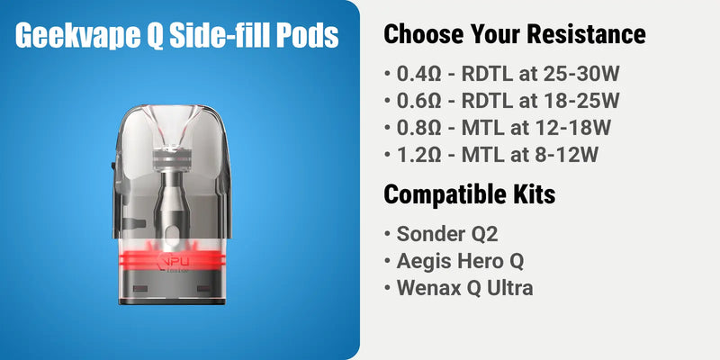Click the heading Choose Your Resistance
515,35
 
